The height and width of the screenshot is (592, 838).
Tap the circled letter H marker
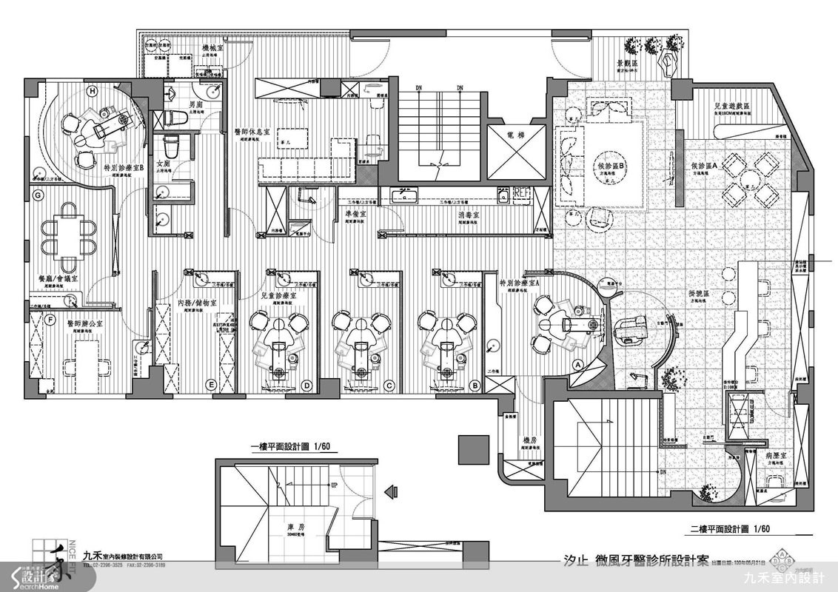(92, 92)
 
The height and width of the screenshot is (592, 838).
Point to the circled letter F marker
(50, 320)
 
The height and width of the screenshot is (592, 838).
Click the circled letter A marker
(577, 364)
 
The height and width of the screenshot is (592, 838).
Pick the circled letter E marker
(212, 385)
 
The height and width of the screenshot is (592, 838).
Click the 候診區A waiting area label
(705, 168)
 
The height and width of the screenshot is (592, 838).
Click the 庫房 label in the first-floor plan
(297, 528)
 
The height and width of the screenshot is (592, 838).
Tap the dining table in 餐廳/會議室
(68, 237)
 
